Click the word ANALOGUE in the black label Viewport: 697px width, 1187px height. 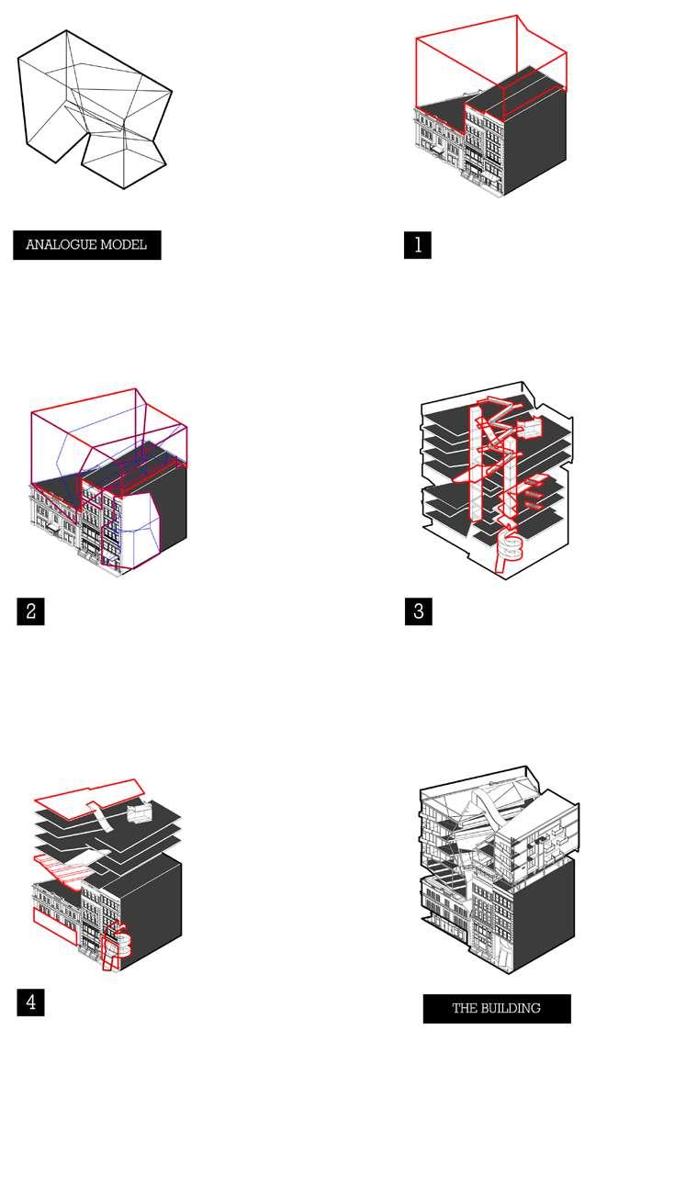(x=62, y=245)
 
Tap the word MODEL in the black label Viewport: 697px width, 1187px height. (x=123, y=245)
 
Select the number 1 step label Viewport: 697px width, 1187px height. (x=418, y=245)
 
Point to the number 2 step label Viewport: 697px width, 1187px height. (x=30, y=611)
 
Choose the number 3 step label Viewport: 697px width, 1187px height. (x=418, y=611)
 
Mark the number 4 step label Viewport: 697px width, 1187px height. (x=30, y=1002)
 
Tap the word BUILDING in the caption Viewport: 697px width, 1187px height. (x=509, y=1008)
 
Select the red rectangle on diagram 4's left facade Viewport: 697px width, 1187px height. (x=55, y=925)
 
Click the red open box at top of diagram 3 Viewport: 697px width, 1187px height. (x=531, y=428)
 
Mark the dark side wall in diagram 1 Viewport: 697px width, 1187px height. (x=534, y=140)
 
